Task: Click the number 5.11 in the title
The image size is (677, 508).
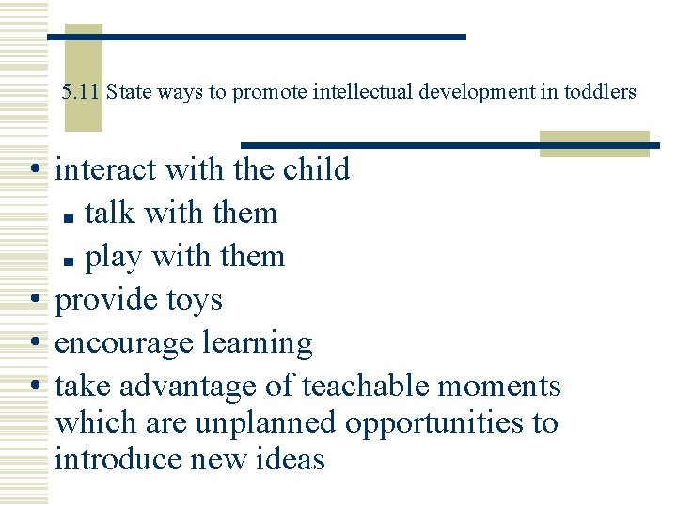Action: [x=81, y=92]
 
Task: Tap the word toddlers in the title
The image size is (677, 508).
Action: [x=600, y=92]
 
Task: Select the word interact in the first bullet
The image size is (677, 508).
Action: [x=105, y=169]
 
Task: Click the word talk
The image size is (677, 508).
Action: [x=110, y=213]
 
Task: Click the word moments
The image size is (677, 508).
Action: [x=510, y=387]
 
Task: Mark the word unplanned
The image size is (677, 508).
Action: [x=264, y=423]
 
